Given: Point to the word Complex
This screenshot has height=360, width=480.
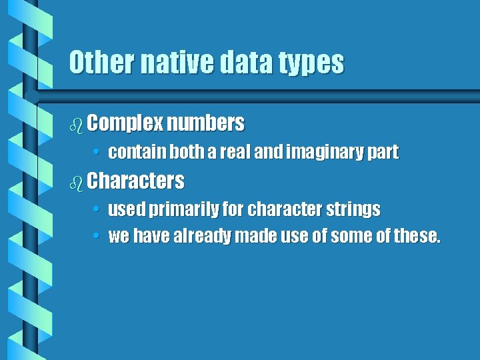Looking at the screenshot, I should coord(125,123).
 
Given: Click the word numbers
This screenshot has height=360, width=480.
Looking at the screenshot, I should coord(206,123).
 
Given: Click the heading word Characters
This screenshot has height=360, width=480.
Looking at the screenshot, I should coord(135,181).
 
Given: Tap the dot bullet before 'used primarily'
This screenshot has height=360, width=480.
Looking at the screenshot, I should coord(97,210).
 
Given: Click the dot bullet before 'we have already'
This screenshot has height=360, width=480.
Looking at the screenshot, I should coord(97,237).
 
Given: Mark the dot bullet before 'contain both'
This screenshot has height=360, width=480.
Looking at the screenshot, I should coord(97,153).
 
